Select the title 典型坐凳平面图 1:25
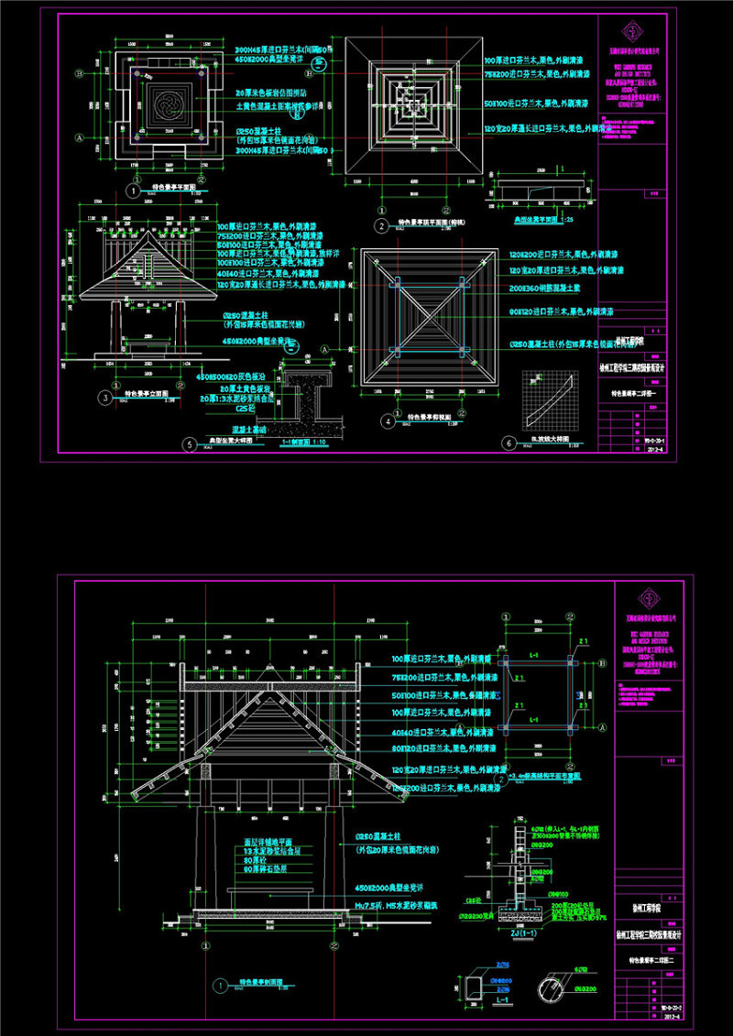coord(536,221)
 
